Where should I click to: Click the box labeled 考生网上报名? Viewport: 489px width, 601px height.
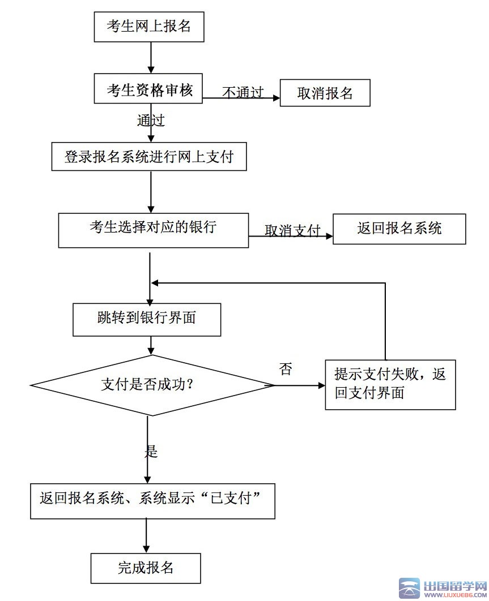click(148, 26)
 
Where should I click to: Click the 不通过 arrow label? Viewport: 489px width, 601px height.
click(243, 92)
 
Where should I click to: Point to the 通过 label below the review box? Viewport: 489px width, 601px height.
click(151, 121)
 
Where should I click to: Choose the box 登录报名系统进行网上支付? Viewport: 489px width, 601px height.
click(149, 157)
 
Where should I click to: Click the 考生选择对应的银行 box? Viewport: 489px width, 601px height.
click(153, 230)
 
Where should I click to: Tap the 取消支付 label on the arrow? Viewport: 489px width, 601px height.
click(292, 230)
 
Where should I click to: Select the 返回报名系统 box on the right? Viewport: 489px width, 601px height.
click(399, 229)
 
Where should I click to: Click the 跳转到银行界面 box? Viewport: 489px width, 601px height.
click(147, 318)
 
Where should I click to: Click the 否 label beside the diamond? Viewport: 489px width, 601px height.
click(286, 370)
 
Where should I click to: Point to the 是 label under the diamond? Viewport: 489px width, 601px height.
click(151, 452)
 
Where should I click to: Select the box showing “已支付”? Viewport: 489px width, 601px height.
click(152, 500)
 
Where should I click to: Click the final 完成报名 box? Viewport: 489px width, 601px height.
click(146, 568)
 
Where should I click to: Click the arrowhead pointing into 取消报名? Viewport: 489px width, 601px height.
click(277, 98)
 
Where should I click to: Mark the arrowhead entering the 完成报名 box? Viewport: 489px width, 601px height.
click(147, 549)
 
